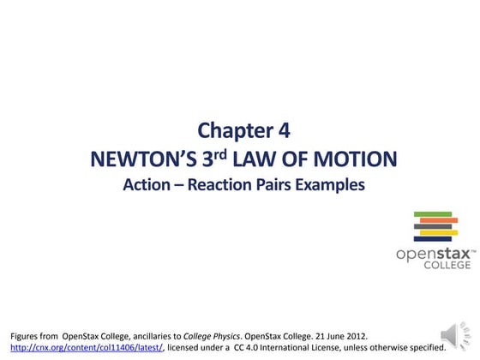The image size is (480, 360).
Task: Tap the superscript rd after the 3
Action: click(x=218, y=154)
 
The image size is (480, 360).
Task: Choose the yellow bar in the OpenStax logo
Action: click(x=439, y=231)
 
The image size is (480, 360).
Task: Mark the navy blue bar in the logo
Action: click(x=435, y=225)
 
